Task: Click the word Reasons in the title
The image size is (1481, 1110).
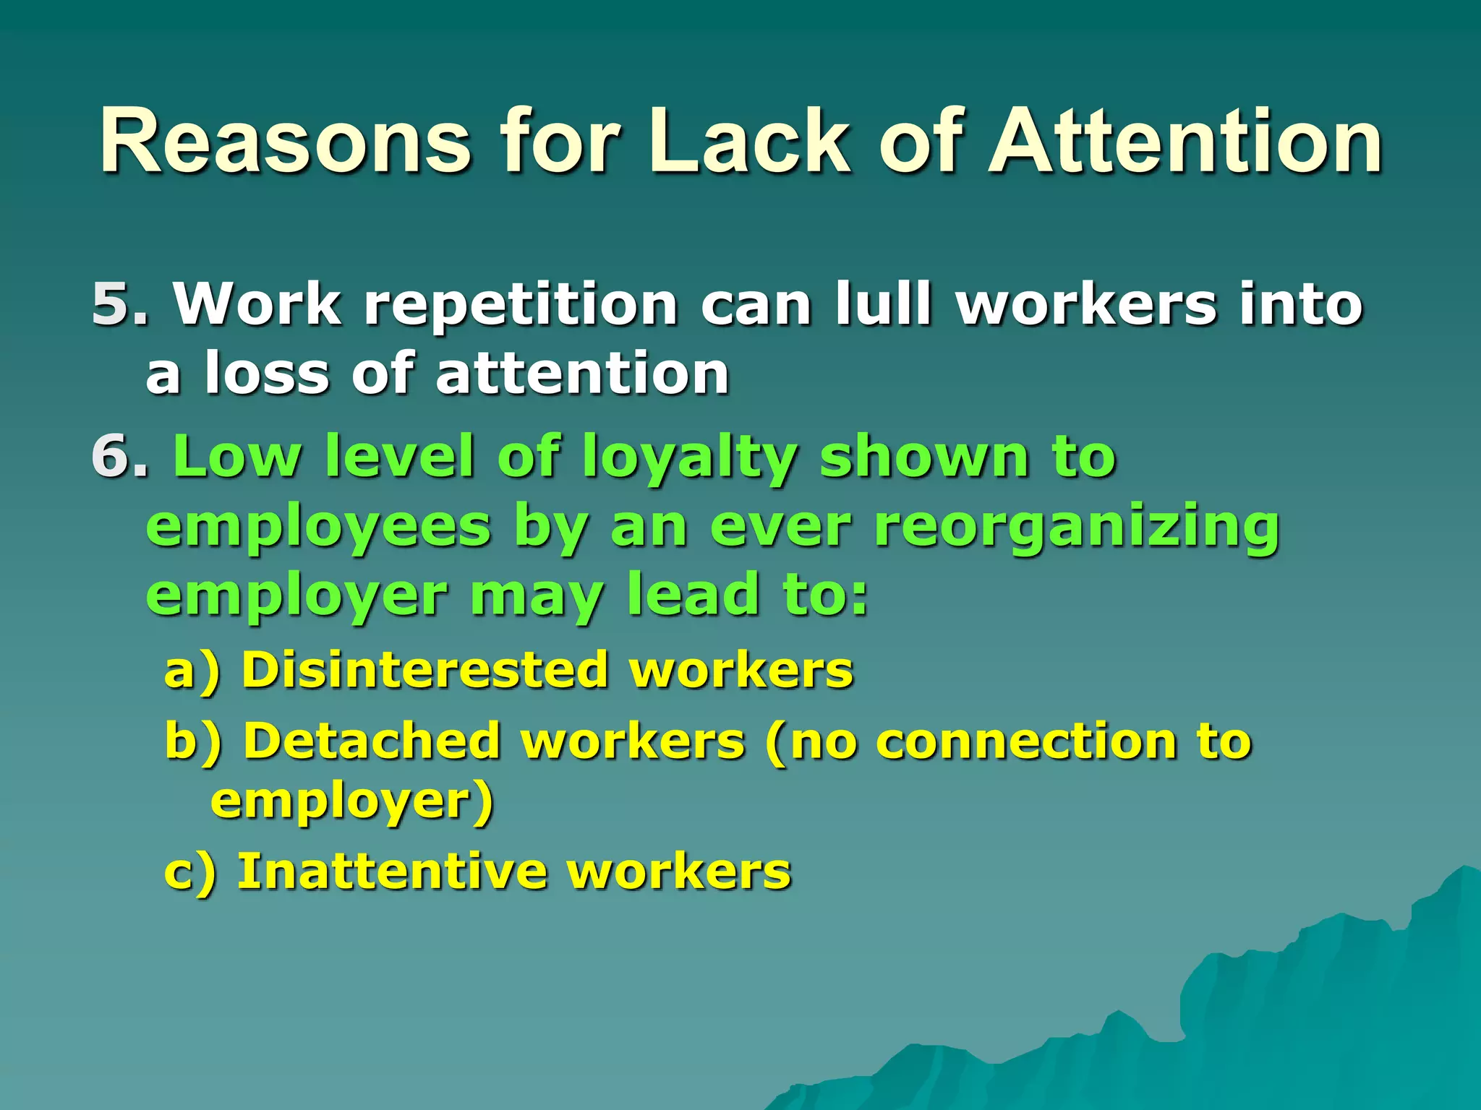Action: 285,142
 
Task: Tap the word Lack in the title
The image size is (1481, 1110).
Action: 748,142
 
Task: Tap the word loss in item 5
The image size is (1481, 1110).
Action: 267,374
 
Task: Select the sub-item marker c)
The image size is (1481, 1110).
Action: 190,872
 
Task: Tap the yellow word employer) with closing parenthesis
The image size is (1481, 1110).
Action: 352,802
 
